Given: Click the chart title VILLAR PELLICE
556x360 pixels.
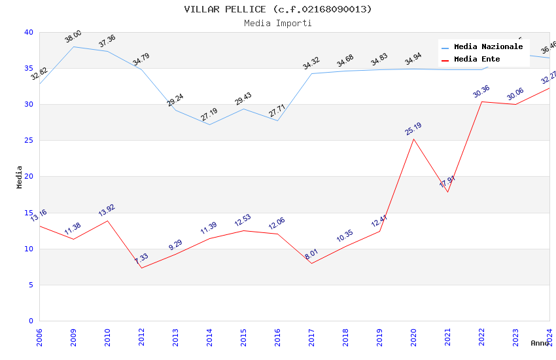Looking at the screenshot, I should click(x=277, y=9).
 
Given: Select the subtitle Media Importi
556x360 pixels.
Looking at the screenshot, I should click(x=277, y=23).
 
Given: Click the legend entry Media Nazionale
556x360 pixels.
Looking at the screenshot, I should click(x=488, y=47).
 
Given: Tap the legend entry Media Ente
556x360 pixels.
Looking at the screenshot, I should click(x=477, y=60).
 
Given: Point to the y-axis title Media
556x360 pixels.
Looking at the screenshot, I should click(x=20, y=177).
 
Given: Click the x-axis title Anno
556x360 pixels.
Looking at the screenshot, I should click(x=540, y=343).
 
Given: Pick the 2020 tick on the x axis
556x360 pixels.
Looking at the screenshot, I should click(x=413, y=334).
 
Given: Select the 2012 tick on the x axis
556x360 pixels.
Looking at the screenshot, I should click(x=141, y=334).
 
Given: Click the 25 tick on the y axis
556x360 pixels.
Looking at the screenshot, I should click(x=28, y=141).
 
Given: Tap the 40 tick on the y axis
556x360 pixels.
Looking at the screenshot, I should click(x=28, y=33).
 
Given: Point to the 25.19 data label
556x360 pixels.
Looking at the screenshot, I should click(x=413, y=129).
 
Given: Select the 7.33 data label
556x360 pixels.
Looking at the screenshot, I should click(x=141, y=259).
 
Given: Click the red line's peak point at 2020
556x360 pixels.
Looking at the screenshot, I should click(x=413, y=139).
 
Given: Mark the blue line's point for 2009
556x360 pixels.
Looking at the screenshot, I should click(x=73, y=46).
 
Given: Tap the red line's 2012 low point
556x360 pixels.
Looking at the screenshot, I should click(x=141, y=268).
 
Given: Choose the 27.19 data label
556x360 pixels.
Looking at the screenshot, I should click(x=209, y=115).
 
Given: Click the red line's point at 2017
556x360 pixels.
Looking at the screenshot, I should click(x=311, y=263).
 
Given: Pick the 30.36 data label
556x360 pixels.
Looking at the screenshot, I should click(x=481, y=92).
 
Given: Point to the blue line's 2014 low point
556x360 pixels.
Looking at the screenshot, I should click(x=209, y=124).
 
